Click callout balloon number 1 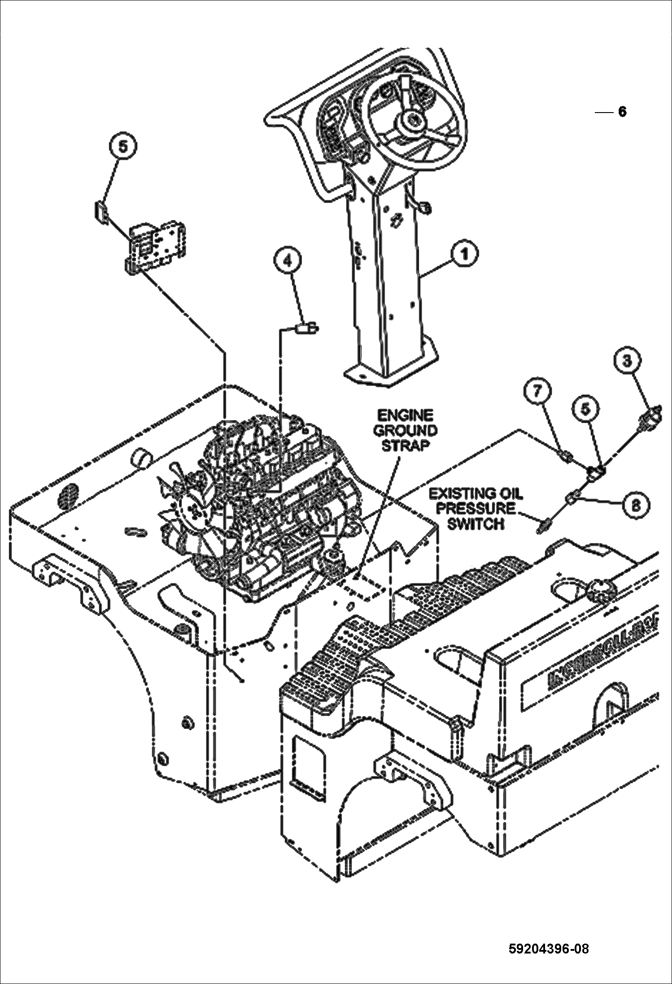[x=465, y=254]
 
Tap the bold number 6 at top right [x=622, y=112]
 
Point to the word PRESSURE [x=476, y=509]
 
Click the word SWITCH [x=476, y=524]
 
